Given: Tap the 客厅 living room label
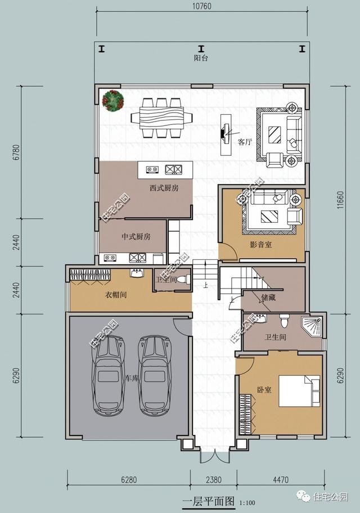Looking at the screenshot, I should [245, 142].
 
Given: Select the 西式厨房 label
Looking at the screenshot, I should [164, 188].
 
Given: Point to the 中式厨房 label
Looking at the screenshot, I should [136, 237].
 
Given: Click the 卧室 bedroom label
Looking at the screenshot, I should [264, 389].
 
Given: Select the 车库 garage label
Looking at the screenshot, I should [132, 378].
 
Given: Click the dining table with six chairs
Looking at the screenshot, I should [161, 118].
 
